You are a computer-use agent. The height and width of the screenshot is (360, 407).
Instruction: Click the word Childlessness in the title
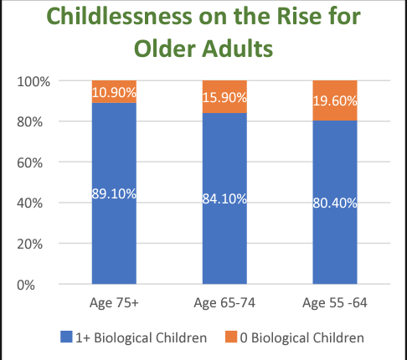point(119,16)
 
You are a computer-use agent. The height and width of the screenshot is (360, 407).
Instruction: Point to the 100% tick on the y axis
point(33,82)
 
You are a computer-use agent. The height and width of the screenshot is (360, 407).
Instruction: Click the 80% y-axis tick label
point(30,122)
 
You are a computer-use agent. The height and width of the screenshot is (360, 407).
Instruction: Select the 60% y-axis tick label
point(30,162)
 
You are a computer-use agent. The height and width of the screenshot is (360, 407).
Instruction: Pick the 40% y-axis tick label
point(30,203)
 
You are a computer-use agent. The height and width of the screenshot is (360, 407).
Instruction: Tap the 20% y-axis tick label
point(30,244)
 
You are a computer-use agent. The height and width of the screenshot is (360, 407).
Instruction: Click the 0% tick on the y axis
point(26,285)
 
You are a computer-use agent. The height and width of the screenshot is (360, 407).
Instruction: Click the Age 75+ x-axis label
point(114,303)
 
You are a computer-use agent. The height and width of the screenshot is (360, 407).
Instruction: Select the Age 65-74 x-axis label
point(224,303)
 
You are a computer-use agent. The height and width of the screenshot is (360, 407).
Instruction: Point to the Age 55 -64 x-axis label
point(335,303)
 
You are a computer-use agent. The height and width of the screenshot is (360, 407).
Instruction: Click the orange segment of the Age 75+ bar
point(114,92)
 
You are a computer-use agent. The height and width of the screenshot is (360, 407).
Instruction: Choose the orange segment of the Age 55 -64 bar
point(335,100)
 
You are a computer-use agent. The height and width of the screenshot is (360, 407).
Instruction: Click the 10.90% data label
point(114,92)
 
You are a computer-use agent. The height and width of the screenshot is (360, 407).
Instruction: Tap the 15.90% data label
point(224,98)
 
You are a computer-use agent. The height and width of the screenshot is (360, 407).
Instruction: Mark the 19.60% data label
point(335,100)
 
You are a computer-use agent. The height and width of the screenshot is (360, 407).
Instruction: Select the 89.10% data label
point(114,193)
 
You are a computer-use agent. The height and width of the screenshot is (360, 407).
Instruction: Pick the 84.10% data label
point(224,198)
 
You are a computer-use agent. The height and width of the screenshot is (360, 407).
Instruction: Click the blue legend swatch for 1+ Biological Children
point(66,337)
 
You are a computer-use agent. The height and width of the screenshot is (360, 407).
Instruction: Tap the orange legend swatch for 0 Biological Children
point(231,337)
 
